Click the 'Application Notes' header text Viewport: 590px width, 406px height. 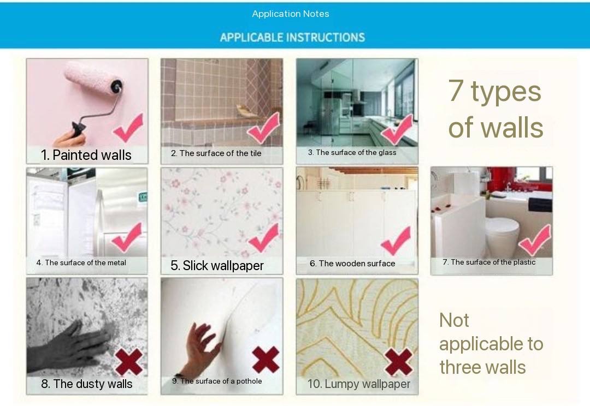291,14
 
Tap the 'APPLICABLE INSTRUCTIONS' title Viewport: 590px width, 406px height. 292,37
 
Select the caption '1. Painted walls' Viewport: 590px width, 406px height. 86,155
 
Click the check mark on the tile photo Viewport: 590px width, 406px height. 264,128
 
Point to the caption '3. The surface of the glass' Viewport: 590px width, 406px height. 352,152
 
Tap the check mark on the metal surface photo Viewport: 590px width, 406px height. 127,237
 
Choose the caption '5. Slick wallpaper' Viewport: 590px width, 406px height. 217,265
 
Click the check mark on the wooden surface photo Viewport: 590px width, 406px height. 396,241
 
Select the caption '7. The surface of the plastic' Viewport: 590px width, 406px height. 489,262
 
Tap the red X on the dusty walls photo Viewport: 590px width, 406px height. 129,362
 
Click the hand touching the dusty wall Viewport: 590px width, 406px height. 72,348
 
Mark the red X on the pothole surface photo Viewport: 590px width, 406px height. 265,360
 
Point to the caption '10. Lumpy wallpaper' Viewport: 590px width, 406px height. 358,384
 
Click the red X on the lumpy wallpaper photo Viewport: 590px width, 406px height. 399,362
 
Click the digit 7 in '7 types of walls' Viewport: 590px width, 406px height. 456,91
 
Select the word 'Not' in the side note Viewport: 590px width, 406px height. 454,321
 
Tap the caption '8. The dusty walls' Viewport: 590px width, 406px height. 86,384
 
